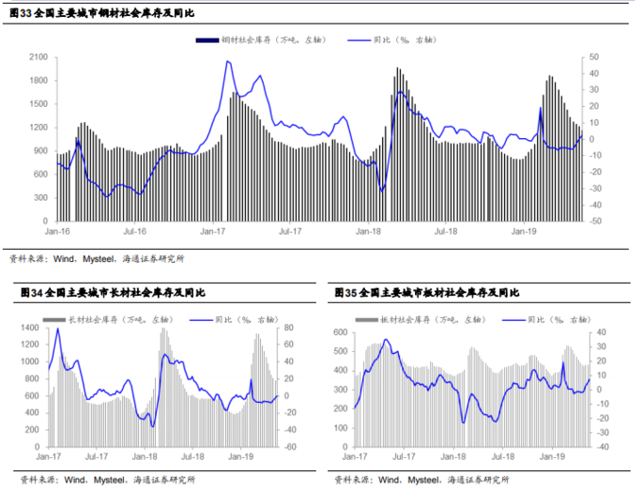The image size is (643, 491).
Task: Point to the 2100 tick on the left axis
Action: [x=39, y=57]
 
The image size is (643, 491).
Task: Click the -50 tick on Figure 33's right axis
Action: [x=594, y=220]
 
